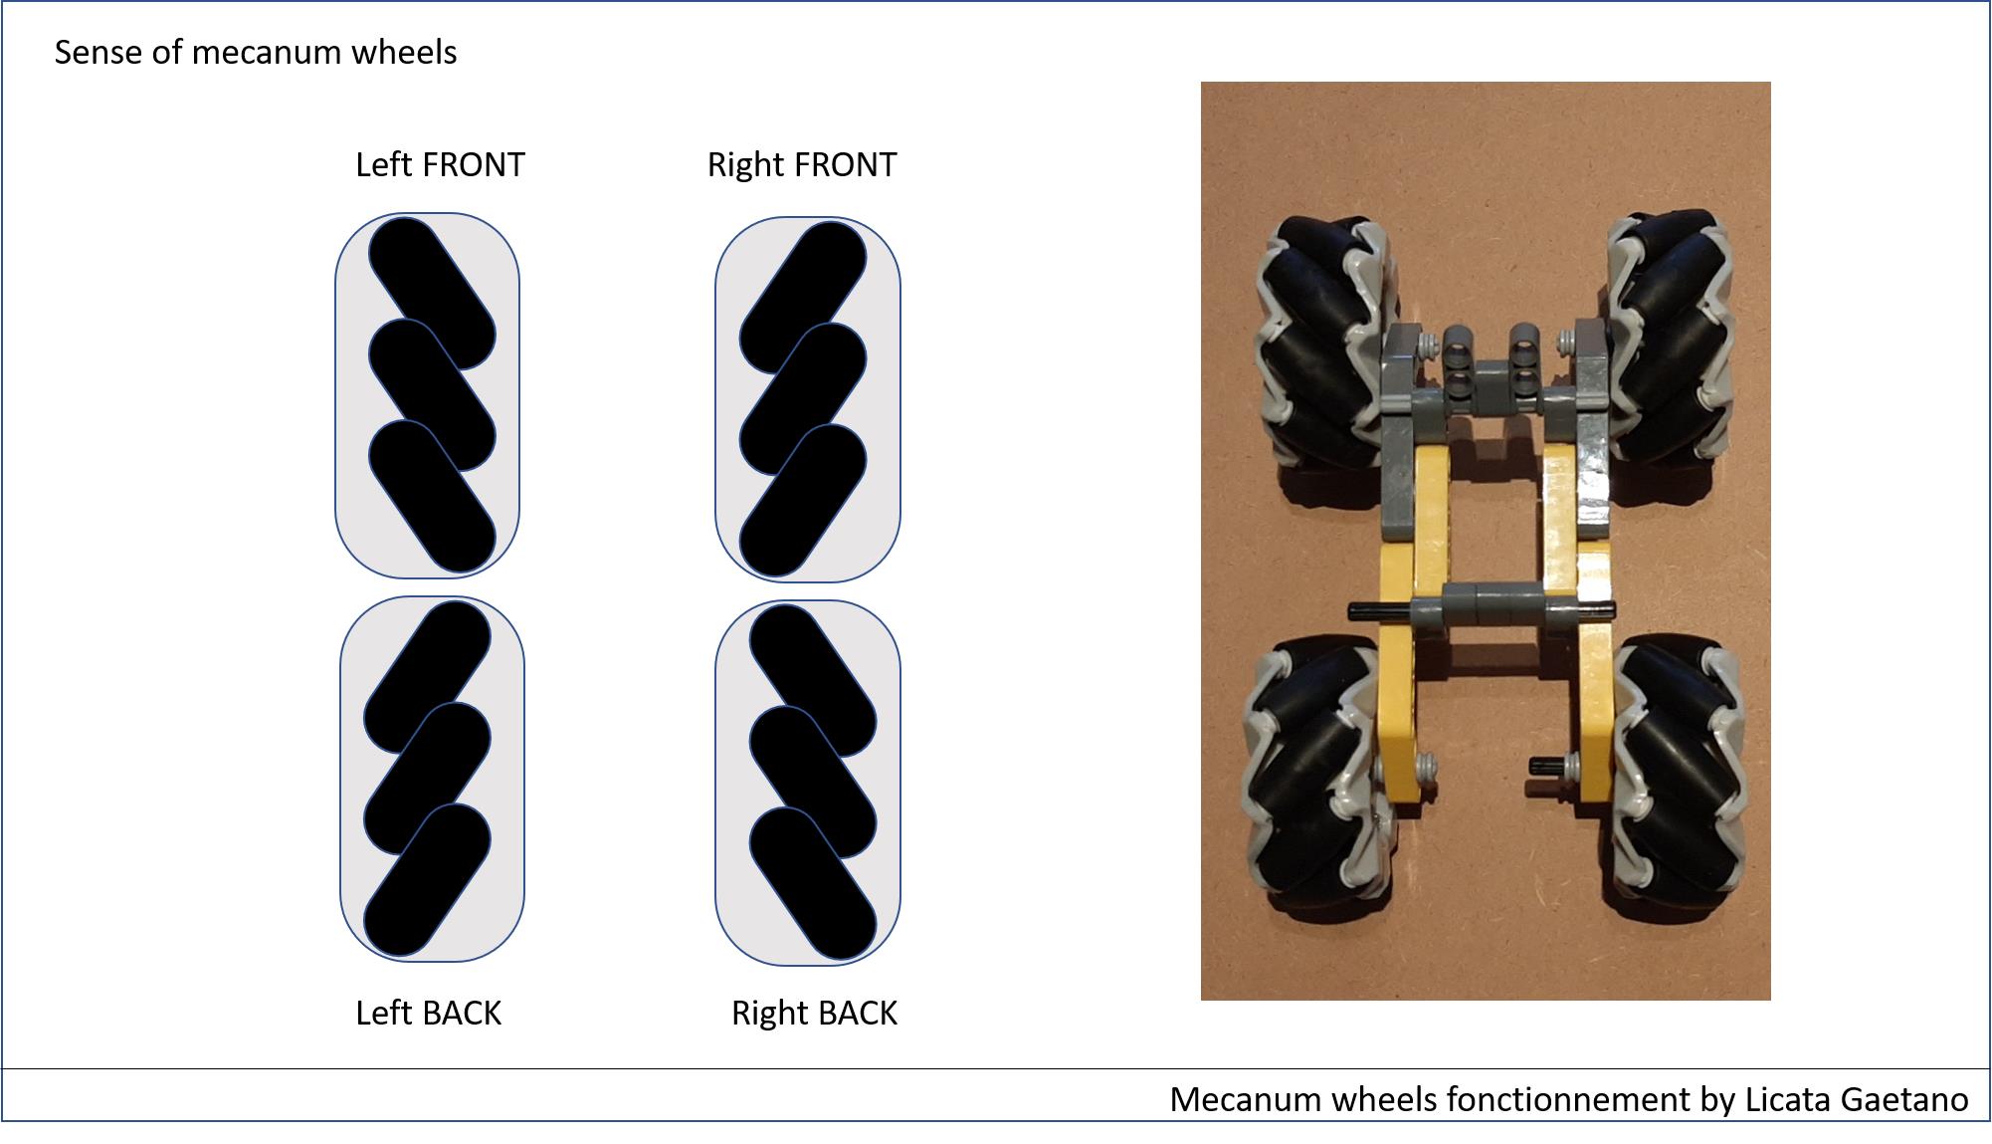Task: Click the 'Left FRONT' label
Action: tap(440, 164)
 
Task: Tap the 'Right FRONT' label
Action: tap(802, 164)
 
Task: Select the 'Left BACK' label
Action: tap(429, 1013)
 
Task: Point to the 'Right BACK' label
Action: tap(814, 1013)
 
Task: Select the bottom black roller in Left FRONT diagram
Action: tap(432, 497)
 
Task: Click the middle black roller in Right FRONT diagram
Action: tap(803, 398)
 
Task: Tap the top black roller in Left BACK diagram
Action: tap(427, 677)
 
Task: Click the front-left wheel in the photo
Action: tap(1329, 343)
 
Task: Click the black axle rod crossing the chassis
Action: tap(1482, 609)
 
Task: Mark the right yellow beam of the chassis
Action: tap(1577, 627)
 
